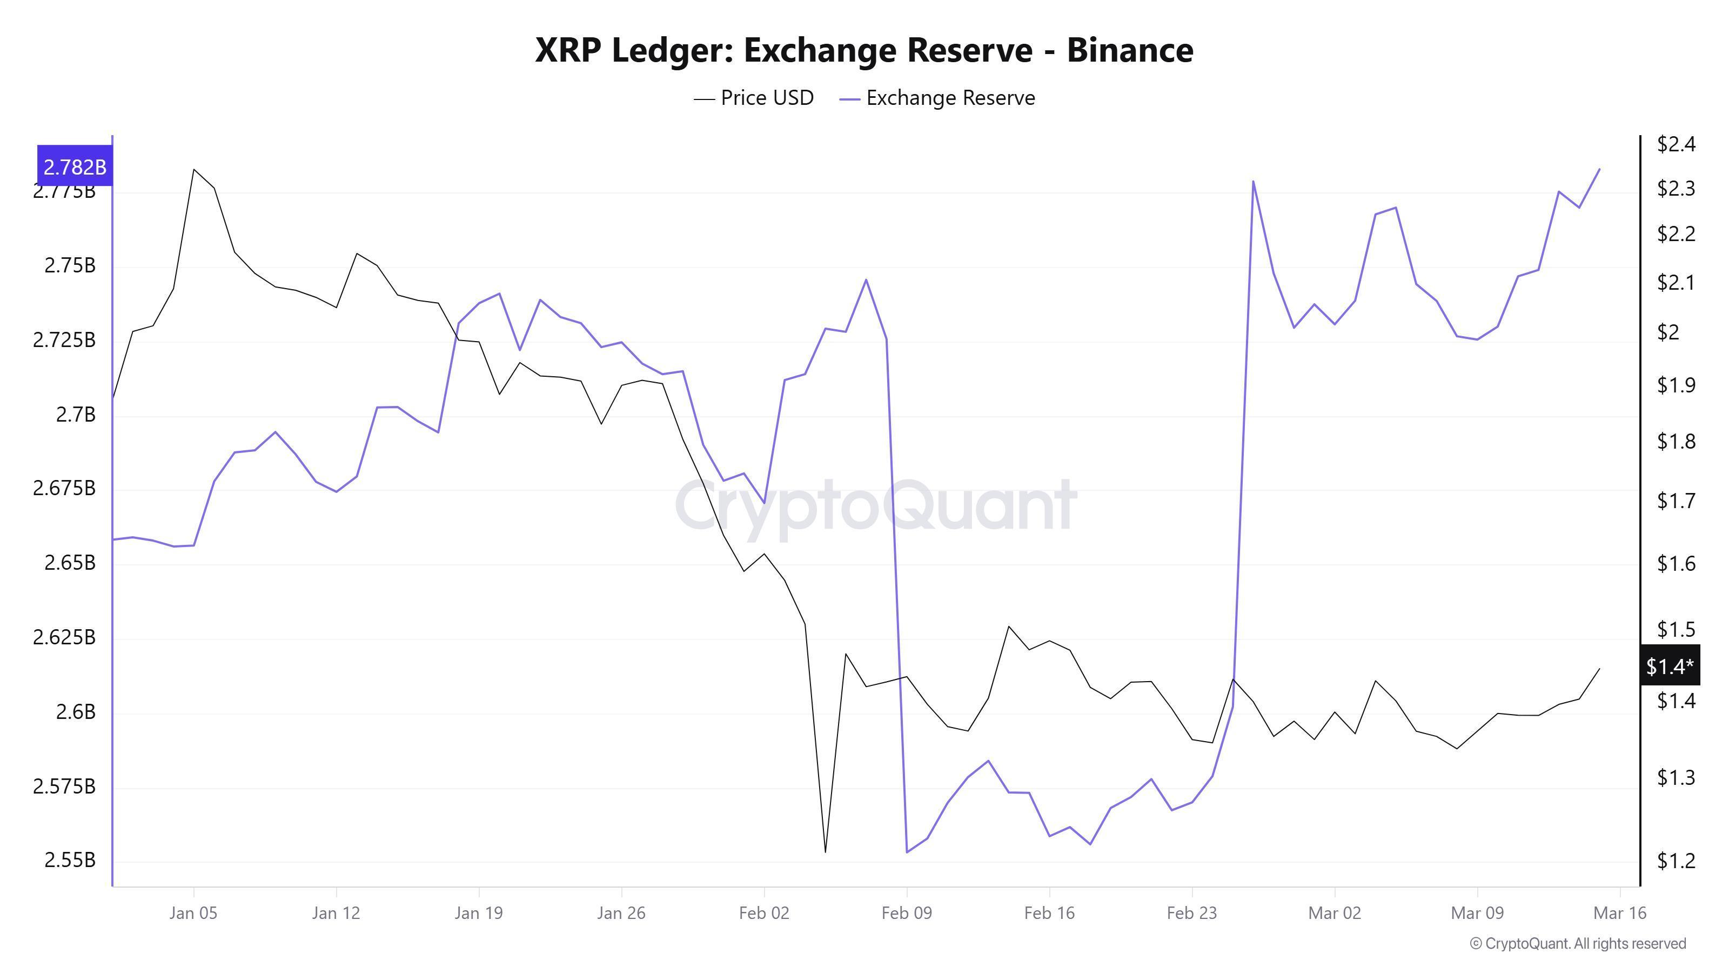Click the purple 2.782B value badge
coord(75,166)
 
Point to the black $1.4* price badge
coord(1669,666)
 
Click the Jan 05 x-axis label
coord(193,913)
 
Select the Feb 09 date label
coord(907,913)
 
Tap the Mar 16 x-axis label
coord(1620,913)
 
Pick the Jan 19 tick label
coord(479,913)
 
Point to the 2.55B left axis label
coord(70,860)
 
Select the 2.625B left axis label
coord(64,637)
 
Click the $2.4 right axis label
coord(1676,144)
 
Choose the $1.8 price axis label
coord(1676,441)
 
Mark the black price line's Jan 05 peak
coord(194,169)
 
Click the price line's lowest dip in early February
coord(825,852)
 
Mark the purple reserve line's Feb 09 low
coord(907,852)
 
